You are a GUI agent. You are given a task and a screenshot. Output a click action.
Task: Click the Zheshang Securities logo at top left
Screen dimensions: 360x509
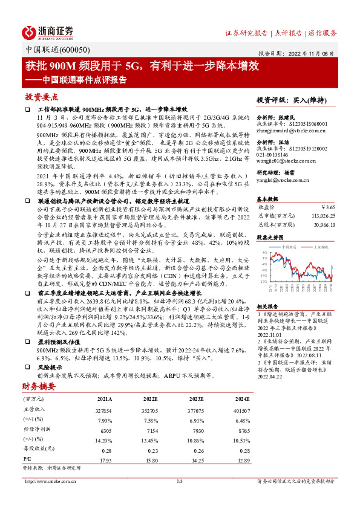(x=49, y=31)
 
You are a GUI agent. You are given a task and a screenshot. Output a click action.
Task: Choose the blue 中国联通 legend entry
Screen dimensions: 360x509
(x=288, y=247)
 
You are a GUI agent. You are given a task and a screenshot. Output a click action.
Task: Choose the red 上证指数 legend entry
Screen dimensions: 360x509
(x=319, y=247)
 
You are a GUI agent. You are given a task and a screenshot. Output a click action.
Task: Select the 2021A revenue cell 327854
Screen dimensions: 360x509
(x=105, y=409)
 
